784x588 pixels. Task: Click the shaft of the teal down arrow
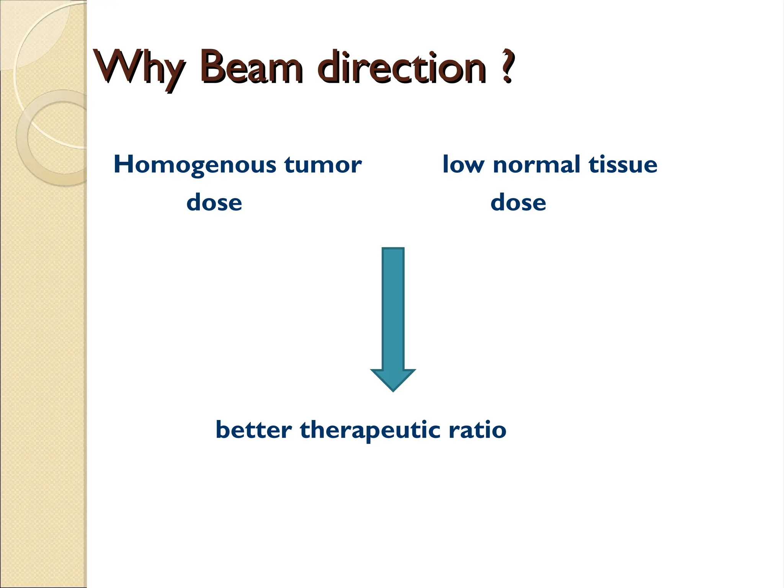click(393, 306)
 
